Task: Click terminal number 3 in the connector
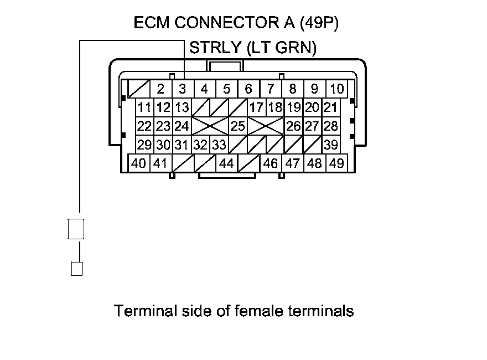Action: point(182,89)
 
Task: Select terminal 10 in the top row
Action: point(336,89)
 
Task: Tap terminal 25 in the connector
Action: point(238,126)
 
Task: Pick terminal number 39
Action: point(331,145)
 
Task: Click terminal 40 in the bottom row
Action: point(139,163)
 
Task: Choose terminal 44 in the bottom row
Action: point(226,163)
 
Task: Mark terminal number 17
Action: point(256,107)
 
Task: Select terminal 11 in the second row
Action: point(145,107)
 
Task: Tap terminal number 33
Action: point(219,145)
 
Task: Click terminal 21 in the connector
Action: point(330,107)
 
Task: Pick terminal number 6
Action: point(248,89)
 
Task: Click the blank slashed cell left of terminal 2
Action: point(138,89)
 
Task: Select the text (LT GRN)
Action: point(281,48)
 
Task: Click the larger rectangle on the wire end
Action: point(76,228)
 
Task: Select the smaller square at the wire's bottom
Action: point(77,269)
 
